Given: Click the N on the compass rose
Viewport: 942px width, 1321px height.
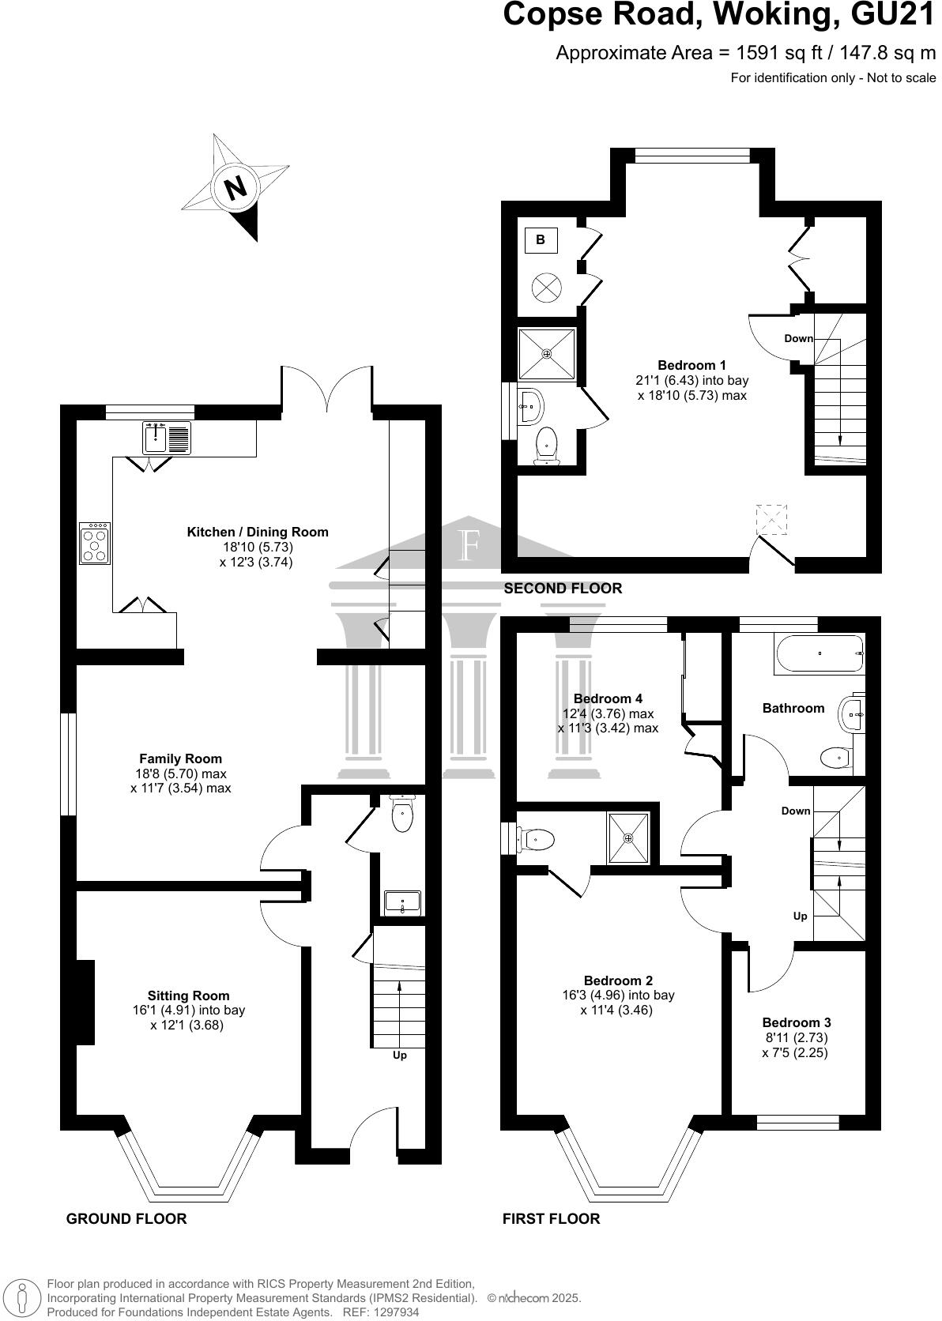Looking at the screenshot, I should (235, 189).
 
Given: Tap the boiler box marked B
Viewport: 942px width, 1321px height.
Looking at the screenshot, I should (541, 240).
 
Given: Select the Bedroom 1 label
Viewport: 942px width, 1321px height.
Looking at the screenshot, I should (691, 365).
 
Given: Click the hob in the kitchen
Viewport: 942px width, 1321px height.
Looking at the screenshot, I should (95, 544).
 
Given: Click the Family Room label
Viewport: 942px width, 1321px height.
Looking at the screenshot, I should (180, 758).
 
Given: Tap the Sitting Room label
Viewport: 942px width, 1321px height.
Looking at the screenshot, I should (188, 995).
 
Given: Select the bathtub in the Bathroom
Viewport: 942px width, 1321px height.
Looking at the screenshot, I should (820, 653).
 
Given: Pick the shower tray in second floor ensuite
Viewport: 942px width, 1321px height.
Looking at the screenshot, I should (546, 353).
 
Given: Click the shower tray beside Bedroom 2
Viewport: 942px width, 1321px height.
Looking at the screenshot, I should (629, 837).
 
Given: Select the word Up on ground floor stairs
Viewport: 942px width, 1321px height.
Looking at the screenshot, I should (400, 1055).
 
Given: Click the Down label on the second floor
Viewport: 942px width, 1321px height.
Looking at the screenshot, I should (798, 338).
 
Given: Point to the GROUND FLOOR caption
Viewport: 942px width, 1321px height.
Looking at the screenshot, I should (126, 1218).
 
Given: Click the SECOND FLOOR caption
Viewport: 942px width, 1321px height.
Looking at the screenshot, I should (563, 588).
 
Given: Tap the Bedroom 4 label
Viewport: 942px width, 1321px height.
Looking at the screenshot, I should (608, 698).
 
